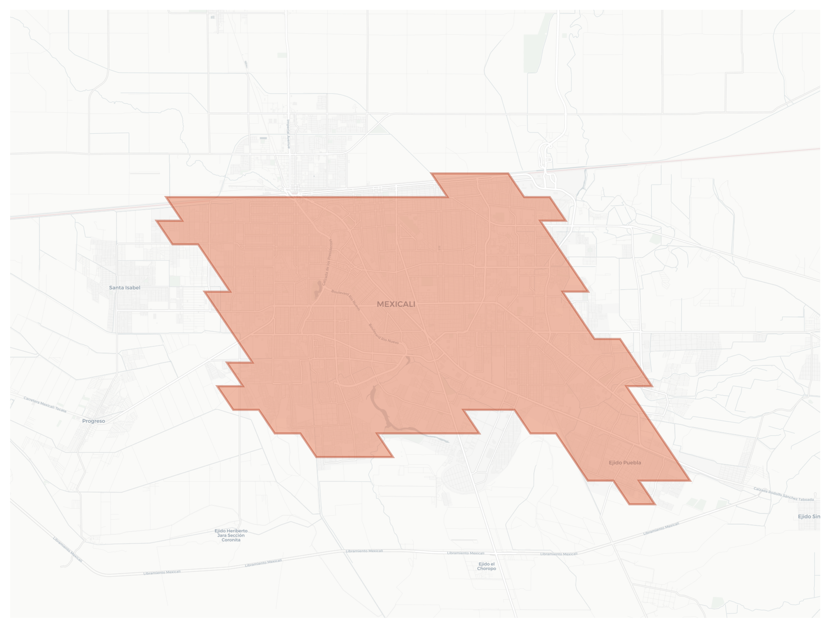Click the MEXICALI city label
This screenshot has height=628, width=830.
point(396,304)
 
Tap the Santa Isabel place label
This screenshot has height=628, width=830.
point(125,288)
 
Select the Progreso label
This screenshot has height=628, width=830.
point(93,421)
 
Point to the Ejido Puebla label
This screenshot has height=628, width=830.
point(625,463)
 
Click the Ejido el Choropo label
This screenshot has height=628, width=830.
point(487,566)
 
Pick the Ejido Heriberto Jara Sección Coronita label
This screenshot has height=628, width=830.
point(231,535)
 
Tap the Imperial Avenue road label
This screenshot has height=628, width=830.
point(288,134)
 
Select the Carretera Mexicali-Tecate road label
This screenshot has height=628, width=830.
point(45,404)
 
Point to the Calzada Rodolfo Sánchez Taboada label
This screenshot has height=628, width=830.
point(783,494)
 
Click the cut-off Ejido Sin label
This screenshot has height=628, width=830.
point(809,517)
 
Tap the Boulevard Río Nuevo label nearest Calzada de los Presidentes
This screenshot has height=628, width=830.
point(346,300)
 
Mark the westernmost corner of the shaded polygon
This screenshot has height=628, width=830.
point(156,221)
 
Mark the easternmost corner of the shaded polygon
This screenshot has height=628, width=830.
point(690,480)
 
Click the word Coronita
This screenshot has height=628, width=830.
point(231,540)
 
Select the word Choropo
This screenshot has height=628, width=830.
point(487,569)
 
